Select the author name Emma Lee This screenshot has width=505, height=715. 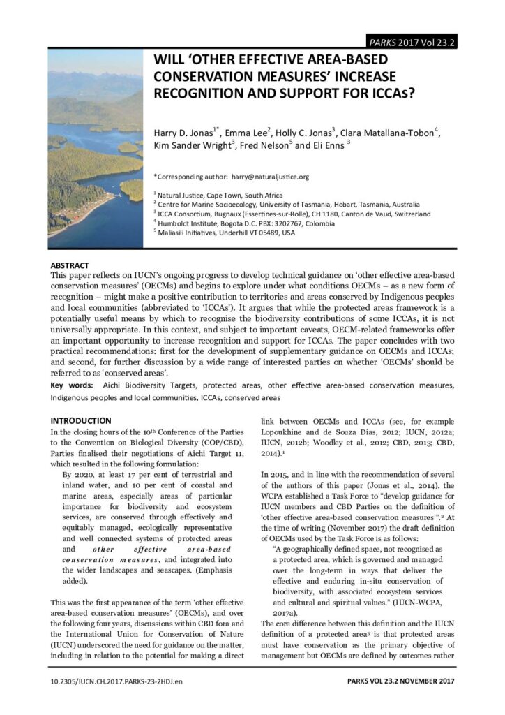(x=232, y=133)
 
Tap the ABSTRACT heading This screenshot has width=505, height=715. (x=70, y=266)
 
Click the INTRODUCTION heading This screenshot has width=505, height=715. (x=81, y=420)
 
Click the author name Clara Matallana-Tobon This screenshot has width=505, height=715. (x=392, y=133)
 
